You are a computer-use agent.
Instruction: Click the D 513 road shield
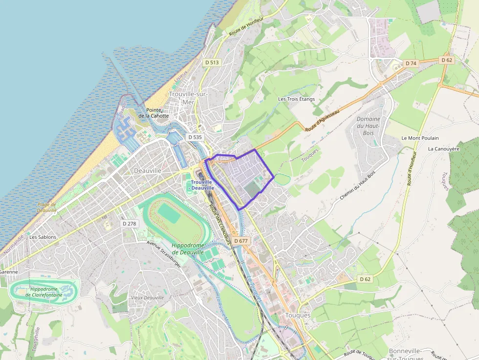tap(213, 62)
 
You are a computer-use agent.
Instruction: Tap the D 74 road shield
tap(411, 63)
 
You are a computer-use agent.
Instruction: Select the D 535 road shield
tap(195, 137)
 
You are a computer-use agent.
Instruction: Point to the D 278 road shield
tap(130, 223)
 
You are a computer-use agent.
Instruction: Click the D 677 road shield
tap(241, 241)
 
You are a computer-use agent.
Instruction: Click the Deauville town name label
tap(147, 170)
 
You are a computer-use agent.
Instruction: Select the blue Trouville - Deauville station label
tap(202, 185)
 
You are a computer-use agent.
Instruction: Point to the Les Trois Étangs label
tap(296, 99)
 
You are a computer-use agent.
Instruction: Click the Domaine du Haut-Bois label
tap(368, 126)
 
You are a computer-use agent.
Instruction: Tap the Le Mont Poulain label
tap(420, 138)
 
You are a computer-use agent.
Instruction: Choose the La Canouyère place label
tap(444, 148)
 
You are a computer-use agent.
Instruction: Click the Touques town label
tap(298, 315)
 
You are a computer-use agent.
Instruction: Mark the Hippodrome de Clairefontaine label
tap(44, 292)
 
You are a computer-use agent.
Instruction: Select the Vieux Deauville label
tap(147, 297)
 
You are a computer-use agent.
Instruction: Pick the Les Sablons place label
tap(43, 237)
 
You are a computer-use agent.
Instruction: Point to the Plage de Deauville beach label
tap(47, 207)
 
